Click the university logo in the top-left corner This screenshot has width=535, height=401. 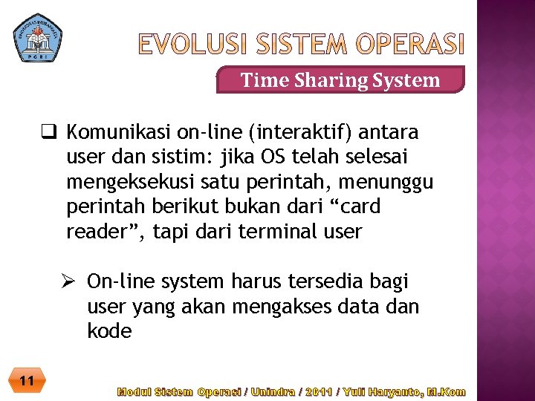coord(38,36)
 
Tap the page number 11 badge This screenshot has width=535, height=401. coord(27,382)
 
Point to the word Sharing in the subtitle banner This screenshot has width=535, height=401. coord(328,79)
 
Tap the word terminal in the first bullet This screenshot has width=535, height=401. coord(283,232)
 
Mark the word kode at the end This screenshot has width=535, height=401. coord(108,330)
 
